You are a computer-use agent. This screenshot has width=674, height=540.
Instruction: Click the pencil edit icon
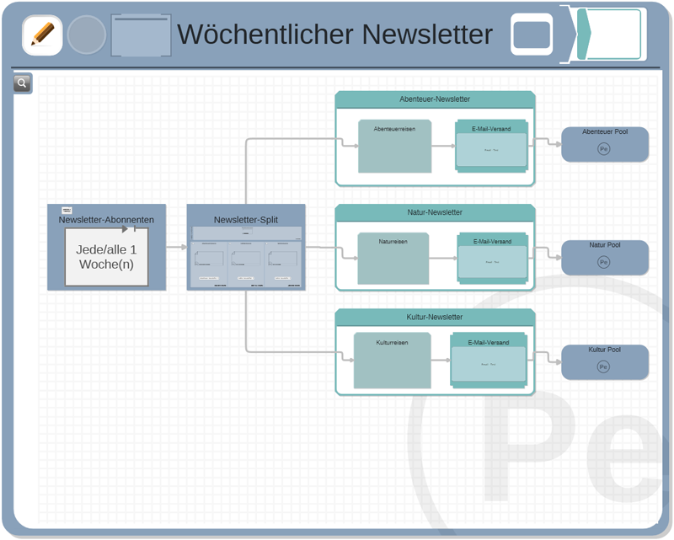pyautogui.click(x=42, y=35)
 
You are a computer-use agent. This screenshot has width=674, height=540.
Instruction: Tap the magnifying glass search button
pyautogui.click(x=22, y=83)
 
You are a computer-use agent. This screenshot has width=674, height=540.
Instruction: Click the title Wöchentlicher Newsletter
pyautogui.click(x=334, y=35)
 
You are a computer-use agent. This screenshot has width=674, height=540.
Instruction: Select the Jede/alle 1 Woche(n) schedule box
pyautogui.click(x=106, y=257)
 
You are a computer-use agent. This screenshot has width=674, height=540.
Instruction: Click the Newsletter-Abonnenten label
pyautogui.click(x=106, y=220)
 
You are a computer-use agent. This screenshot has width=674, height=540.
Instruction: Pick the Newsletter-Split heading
pyautogui.click(x=246, y=220)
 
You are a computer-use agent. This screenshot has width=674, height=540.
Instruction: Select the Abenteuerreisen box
pyautogui.click(x=394, y=147)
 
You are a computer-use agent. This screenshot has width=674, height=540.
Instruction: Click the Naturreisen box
pyautogui.click(x=393, y=259)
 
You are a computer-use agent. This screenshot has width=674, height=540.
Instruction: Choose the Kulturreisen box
pyautogui.click(x=392, y=361)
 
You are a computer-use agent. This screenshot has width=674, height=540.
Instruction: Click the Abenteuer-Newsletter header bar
pyautogui.click(x=435, y=99)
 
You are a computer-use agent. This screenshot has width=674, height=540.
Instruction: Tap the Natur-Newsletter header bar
pyautogui.click(x=435, y=212)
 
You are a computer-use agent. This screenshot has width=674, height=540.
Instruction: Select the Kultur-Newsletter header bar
pyautogui.click(x=435, y=317)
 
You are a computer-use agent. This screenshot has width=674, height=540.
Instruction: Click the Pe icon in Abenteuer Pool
pyautogui.click(x=603, y=149)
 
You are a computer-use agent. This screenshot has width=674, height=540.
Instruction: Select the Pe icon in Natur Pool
pyautogui.click(x=603, y=262)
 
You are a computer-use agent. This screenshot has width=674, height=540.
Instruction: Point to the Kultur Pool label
pyautogui.click(x=605, y=350)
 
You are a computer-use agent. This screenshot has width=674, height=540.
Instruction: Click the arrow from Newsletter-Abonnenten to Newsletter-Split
pyautogui.click(x=176, y=248)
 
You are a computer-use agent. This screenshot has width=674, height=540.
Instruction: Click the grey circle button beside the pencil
pyautogui.click(x=86, y=35)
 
